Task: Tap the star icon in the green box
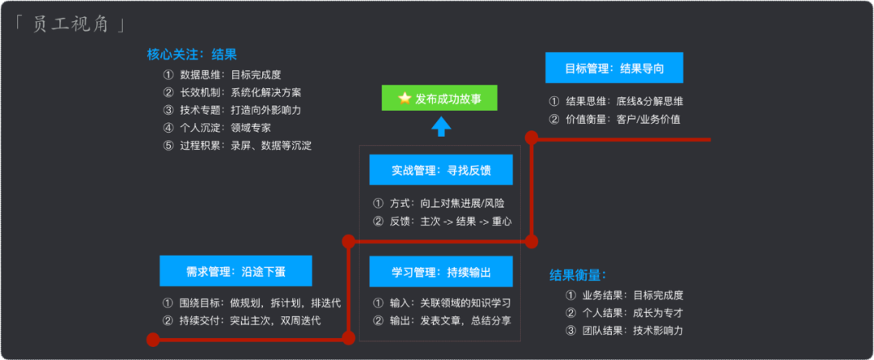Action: (x=405, y=98)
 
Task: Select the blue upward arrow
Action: (x=440, y=126)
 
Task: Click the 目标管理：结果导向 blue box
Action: (x=613, y=68)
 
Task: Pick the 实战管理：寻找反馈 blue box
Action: (x=441, y=170)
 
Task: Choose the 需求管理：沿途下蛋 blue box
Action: (x=234, y=271)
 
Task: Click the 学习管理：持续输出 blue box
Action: (x=441, y=271)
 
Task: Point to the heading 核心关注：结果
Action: (x=192, y=55)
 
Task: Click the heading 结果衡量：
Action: (x=578, y=275)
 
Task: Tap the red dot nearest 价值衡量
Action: (x=532, y=138)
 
